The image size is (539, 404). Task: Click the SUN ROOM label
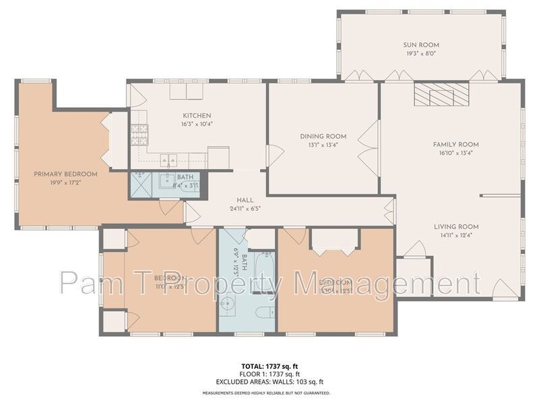pos(421,45)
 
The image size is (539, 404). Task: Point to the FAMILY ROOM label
pos(455,144)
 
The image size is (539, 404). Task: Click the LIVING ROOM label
pos(455,227)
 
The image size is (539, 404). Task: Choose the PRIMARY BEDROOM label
pos(66,174)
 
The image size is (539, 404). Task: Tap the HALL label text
pos(245,200)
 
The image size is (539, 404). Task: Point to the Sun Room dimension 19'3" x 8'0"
pos(421,54)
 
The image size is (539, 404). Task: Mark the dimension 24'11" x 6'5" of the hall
pos(245,208)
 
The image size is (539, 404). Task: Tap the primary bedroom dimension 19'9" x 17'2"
pos(66,182)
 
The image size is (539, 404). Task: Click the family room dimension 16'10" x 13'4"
pos(455,153)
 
